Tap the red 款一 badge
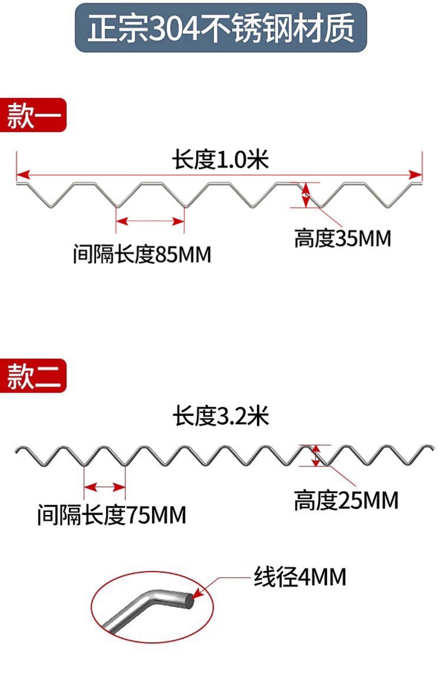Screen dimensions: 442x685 33,115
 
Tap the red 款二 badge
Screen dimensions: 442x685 33,376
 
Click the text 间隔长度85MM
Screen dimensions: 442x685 142,254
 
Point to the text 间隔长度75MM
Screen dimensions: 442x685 112,515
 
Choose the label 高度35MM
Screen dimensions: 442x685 343,238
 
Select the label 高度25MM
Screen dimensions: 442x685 346,500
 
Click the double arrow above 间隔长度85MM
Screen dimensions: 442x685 150,221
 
